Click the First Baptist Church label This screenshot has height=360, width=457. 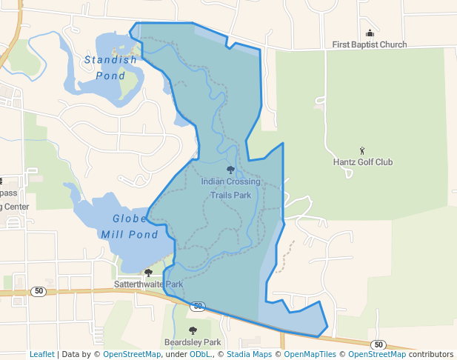point(369,44)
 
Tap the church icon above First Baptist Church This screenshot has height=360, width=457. point(370,33)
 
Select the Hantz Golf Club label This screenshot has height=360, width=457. point(363,162)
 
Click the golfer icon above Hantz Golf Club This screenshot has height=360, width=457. point(362,151)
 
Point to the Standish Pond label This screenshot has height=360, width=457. point(110,67)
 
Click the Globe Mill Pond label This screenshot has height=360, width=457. point(130,227)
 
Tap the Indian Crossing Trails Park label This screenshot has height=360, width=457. point(230,188)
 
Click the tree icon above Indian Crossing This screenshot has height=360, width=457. point(230,170)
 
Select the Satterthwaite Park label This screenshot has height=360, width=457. point(148,284)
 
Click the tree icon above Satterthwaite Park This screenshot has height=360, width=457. point(148,273)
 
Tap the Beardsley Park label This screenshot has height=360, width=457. point(193,342)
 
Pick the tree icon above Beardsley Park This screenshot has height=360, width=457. point(193,331)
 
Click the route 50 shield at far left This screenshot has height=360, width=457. point(39,292)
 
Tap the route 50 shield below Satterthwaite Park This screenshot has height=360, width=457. point(197,306)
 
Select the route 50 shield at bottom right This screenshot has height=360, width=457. point(378,345)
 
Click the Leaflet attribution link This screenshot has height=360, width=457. point(42,355)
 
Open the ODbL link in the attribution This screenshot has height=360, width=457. point(200,355)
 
